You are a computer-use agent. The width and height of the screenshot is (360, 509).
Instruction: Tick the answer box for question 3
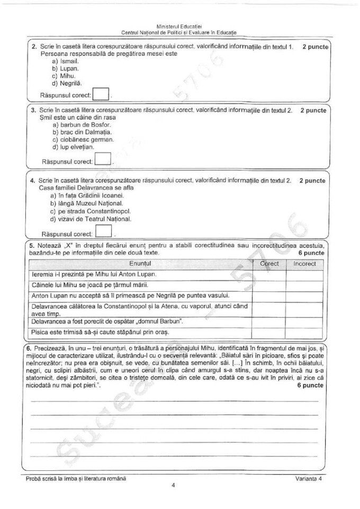click(104, 159)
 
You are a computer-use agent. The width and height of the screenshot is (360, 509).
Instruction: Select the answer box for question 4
click(105, 231)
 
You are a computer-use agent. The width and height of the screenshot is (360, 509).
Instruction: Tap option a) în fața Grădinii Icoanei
click(87, 195)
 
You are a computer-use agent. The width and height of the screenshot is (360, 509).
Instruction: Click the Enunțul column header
click(140, 263)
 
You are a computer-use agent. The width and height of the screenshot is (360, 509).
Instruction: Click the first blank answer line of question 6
click(175, 401)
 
